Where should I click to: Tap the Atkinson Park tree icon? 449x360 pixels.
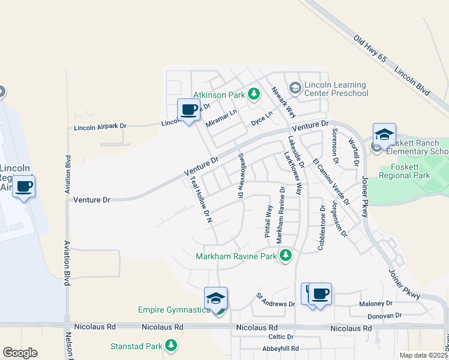coord(254,94)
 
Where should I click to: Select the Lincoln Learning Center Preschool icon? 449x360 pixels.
coord(295,88)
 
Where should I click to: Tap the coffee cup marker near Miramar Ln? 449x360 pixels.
coord(188,110)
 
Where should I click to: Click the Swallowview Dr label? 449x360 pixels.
coord(241,175)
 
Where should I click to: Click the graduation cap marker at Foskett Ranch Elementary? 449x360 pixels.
coord(384,134)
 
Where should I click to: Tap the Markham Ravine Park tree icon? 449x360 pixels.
coord(286,256)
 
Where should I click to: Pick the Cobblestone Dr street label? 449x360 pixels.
coord(322,229)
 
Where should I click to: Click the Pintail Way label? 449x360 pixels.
coord(269,221)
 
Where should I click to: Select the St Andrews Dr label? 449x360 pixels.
coord(276,299)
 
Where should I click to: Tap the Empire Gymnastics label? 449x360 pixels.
coord(174,310)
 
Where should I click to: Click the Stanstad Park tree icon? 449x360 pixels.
coord(171,346)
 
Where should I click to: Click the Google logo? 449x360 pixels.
coord(20,353)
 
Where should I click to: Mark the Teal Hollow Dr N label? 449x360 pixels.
coord(201,199)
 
